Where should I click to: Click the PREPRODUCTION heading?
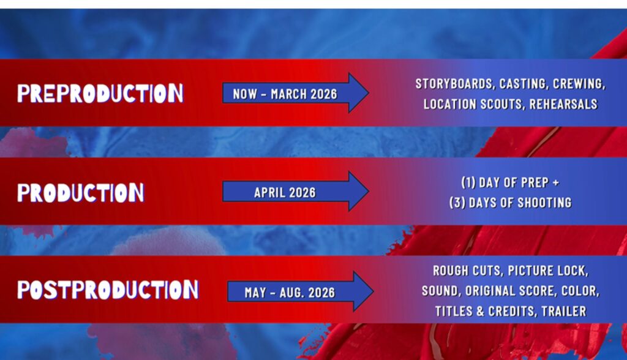pyautogui.click(x=100, y=93)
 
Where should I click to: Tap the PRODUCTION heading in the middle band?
pyautogui.click(x=80, y=192)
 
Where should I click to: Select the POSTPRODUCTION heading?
pyautogui.click(x=108, y=290)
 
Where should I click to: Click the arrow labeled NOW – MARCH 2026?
pyautogui.click(x=296, y=93)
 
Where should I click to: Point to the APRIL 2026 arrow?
pyautogui.click(x=296, y=191)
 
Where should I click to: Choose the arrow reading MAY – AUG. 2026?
pyautogui.click(x=300, y=291)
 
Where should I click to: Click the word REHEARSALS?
pyautogui.click(x=563, y=104)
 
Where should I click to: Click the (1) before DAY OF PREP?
pyautogui.click(x=468, y=182)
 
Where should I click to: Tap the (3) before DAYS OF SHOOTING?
pyautogui.click(x=457, y=203)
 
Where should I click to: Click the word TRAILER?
pyautogui.click(x=564, y=311)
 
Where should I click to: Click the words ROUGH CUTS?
pyautogui.click(x=467, y=271)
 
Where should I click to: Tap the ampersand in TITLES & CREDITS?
pyautogui.click(x=480, y=311)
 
